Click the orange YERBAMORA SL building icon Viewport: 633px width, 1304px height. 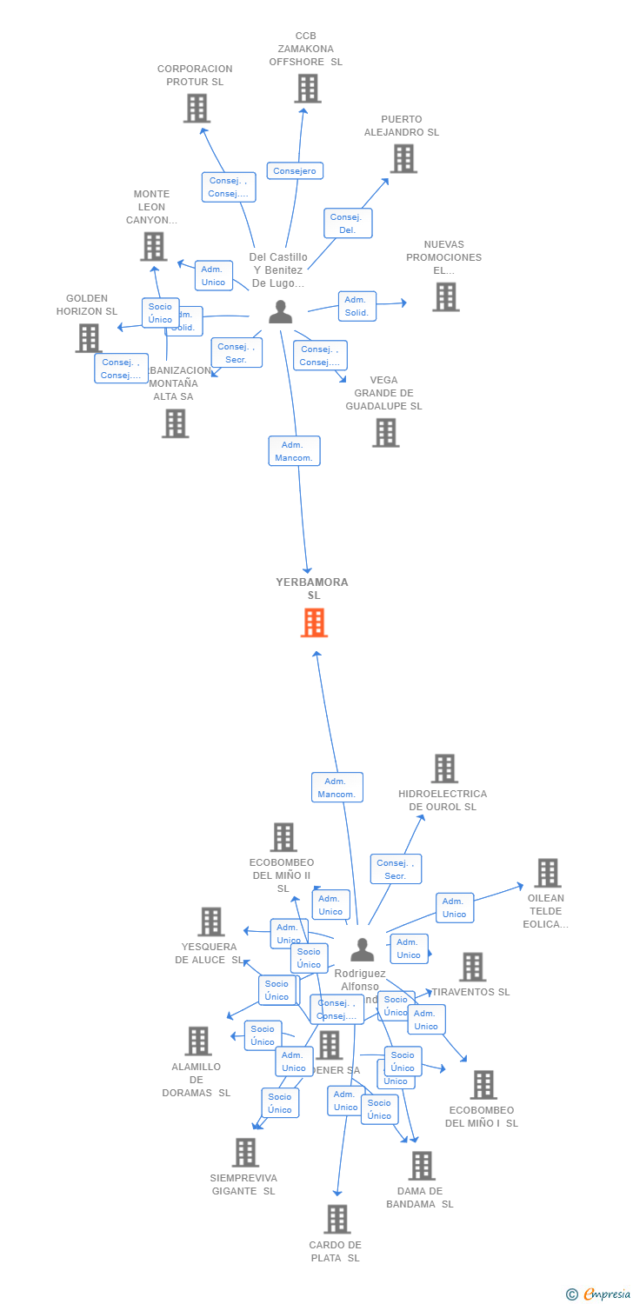click(x=314, y=622)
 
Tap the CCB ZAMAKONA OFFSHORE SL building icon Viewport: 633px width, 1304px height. click(x=307, y=89)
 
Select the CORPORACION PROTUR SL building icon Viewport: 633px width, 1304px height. click(x=197, y=109)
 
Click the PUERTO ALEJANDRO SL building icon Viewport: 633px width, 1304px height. click(x=402, y=159)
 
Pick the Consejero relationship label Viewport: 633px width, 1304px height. click(x=295, y=170)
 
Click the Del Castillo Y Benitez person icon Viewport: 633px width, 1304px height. click(x=280, y=312)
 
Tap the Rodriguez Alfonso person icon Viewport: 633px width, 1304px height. click(x=362, y=949)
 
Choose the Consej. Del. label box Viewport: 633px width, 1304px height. click(x=348, y=223)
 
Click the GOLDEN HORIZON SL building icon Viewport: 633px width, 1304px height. click(x=88, y=338)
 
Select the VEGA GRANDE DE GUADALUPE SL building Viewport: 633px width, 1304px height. click(x=385, y=432)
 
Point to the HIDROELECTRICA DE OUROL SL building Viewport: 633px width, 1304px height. click(x=443, y=768)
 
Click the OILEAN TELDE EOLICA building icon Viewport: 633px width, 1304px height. click(x=547, y=873)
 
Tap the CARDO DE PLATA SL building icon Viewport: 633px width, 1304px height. click(x=336, y=1219)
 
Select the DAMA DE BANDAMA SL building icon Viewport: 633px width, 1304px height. click(x=421, y=1166)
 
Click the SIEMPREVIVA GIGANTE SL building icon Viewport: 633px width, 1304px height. click(x=245, y=1153)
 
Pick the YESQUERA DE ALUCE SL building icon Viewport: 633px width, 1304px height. click(x=210, y=921)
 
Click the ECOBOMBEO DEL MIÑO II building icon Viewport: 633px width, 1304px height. click(x=283, y=837)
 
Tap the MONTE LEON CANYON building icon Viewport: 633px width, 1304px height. click(x=153, y=247)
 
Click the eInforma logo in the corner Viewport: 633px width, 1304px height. click(x=599, y=1294)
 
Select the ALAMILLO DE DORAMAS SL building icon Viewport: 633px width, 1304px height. click(x=197, y=1041)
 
